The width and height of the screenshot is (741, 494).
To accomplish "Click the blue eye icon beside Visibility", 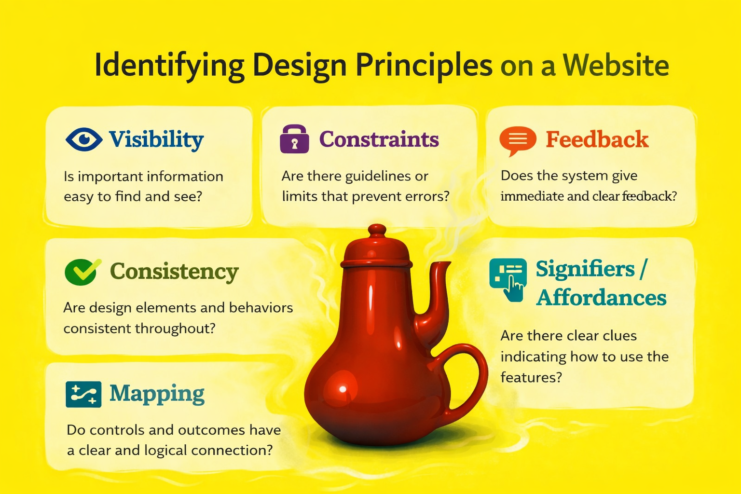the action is [x=84, y=139].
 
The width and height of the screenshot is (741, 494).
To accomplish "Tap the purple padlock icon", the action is [x=294, y=138].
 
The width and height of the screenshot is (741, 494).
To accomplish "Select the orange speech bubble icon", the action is [x=518, y=140].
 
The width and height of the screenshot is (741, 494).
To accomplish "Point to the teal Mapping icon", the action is [x=83, y=394].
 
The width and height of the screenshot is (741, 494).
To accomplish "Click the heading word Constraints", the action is [x=379, y=139].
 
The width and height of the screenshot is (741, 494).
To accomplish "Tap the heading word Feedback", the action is [x=597, y=139].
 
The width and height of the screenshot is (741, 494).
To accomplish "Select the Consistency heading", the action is [x=174, y=272].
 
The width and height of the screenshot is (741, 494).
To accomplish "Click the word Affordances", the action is [x=602, y=298].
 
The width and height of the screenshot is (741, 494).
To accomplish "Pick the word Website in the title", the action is [x=616, y=65].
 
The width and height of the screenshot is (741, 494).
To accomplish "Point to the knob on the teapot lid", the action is [x=377, y=230].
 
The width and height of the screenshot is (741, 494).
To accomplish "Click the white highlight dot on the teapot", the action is [x=343, y=389].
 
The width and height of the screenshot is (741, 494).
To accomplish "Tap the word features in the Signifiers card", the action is [x=531, y=377].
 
